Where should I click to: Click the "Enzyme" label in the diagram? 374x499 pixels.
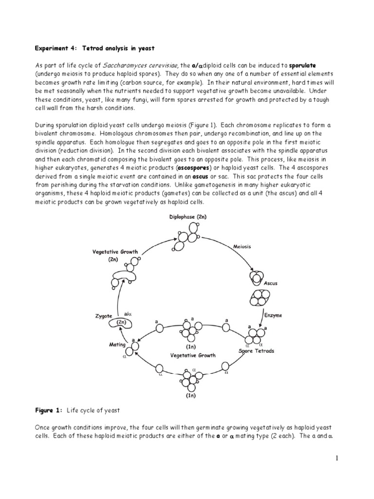point(273,315)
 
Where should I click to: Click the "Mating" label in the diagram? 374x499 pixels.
point(117,344)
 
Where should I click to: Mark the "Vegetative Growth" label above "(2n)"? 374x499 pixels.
point(115,252)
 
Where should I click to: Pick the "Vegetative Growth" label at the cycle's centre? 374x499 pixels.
point(189,355)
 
